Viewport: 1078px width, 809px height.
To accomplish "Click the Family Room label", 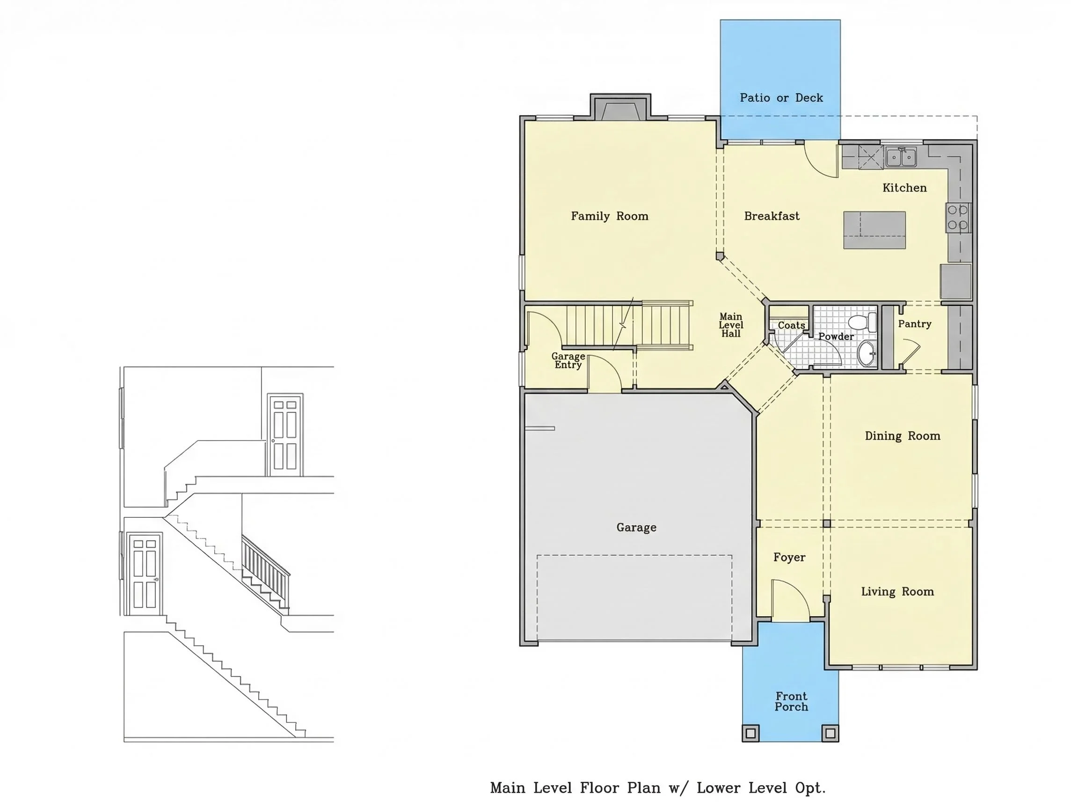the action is point(610,216).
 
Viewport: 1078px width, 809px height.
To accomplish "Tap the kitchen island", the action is point(874,230).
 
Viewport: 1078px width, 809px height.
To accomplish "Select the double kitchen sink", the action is point(901,157).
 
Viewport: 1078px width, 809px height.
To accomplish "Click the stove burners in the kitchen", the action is point(958,218).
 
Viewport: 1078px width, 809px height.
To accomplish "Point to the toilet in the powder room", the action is point(862,322).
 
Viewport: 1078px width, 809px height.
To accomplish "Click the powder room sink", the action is point(867,353).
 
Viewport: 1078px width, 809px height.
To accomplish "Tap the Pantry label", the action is point(915,324).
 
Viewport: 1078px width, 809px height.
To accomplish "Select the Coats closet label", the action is point(791,325).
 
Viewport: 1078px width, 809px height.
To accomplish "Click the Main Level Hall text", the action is point(731,325).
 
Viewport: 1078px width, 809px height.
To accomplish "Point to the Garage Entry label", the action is point(568,360).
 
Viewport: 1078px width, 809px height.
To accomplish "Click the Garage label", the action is point(636,527).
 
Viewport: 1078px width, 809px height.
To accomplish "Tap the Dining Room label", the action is point(903,436).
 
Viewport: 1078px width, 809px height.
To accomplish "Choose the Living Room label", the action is point(897,591).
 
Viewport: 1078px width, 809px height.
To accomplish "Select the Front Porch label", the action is point(792,701).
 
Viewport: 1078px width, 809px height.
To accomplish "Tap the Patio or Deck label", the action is point(781,98).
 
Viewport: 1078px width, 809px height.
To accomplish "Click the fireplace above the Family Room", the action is point(620,108).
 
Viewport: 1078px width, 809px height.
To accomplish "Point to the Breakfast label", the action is point(772,216).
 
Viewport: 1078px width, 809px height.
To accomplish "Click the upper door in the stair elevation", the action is point(285,435).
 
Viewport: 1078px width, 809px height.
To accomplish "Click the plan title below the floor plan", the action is point(658,787).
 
